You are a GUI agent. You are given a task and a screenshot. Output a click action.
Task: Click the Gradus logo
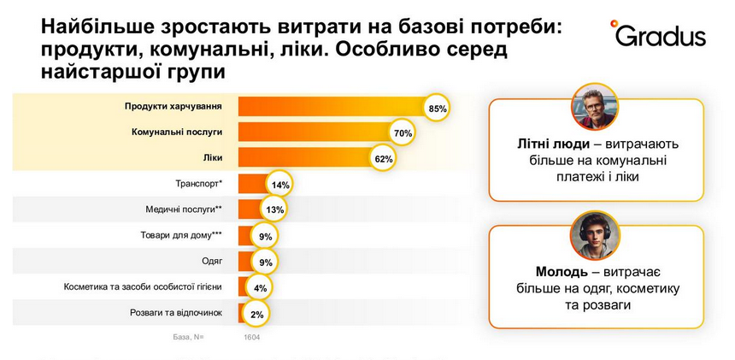point(657,34)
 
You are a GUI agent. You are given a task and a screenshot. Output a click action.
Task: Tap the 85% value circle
point(438,109)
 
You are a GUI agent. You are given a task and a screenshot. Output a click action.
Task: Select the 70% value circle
point(403,133)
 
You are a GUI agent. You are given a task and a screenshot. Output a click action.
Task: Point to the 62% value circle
point(383,159)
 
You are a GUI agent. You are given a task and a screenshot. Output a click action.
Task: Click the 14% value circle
point(279,185)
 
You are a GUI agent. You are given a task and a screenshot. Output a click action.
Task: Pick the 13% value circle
point(274,210)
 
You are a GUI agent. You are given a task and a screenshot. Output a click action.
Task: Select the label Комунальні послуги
point(177,133)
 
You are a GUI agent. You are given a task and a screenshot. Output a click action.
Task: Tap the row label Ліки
point(212,158)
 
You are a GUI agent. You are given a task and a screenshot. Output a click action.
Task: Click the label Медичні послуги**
point(185,209)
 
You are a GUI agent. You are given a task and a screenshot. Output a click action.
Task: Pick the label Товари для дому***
point(181,234)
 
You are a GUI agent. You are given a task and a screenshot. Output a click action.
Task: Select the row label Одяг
point(211,260)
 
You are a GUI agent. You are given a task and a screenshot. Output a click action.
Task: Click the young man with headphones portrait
point(595,234)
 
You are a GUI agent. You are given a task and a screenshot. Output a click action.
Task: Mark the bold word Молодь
point(540,271)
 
